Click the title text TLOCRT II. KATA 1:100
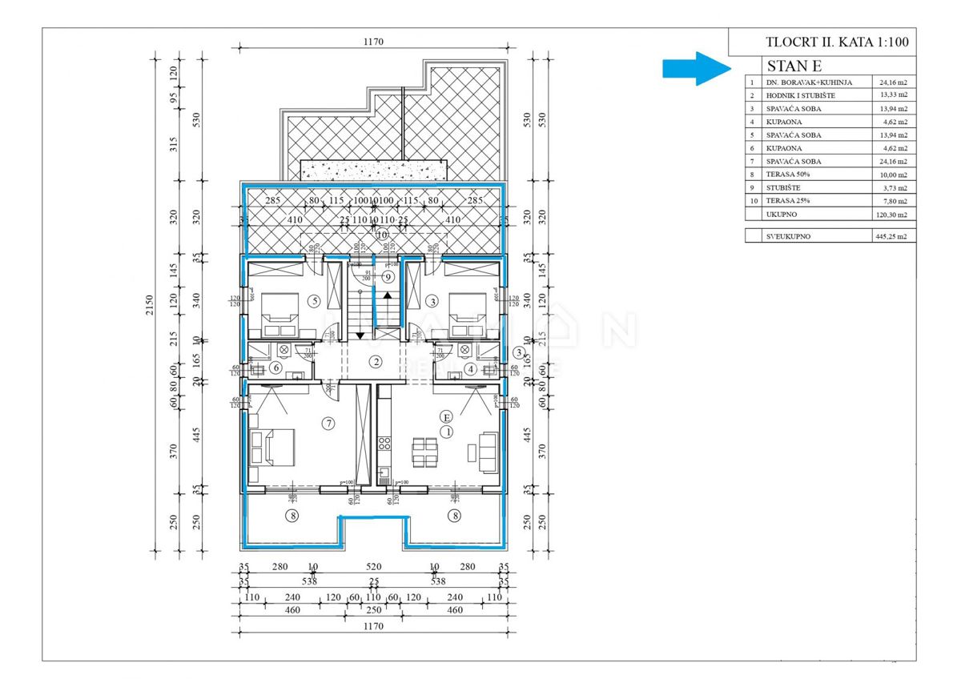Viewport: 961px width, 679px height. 837,42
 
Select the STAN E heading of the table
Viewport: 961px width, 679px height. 794,66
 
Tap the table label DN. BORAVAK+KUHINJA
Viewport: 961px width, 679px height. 809,82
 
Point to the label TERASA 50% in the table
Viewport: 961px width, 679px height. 790,175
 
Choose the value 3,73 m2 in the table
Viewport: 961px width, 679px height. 892,188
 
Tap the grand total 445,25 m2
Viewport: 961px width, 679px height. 891,236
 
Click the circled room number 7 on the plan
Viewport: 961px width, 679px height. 327,423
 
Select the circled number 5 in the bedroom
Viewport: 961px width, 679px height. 314,301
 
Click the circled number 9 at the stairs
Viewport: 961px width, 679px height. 388,277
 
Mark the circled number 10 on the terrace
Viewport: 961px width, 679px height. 382,235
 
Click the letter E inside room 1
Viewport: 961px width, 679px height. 447,416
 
